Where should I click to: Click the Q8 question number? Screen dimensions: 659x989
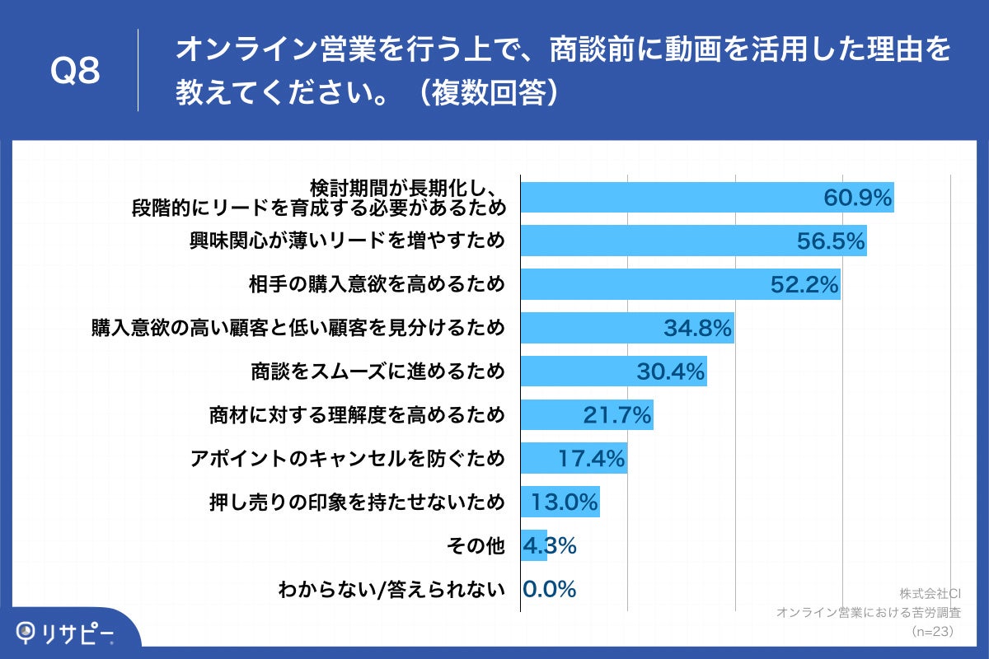75,71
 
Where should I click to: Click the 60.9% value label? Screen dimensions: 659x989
858,198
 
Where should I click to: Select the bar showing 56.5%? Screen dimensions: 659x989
692,241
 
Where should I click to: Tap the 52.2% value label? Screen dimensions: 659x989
804,285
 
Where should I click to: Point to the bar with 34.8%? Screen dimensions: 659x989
626,328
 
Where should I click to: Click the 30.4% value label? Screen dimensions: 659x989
670,372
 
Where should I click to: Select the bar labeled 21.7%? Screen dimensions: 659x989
586,415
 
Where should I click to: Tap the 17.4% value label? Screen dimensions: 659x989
591,459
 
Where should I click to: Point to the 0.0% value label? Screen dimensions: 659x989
549,590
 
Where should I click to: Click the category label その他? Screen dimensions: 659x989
476,546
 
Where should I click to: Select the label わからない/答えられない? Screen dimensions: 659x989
391,590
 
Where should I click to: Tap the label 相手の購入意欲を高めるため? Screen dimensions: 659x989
377,285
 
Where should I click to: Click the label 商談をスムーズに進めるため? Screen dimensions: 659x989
377,372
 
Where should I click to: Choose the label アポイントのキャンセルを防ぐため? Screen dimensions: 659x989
347,459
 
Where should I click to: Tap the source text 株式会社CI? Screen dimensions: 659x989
926,593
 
